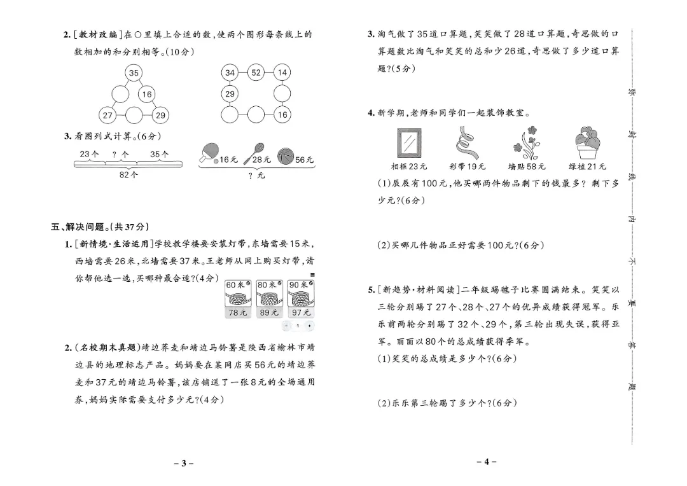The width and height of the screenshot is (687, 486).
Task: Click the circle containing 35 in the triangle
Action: (x=134, y=73)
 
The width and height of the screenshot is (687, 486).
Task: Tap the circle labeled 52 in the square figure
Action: (x=256, y=73)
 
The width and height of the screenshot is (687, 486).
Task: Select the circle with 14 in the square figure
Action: (x=282, y=73)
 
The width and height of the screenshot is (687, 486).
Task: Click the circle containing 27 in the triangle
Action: (x=108, y=115)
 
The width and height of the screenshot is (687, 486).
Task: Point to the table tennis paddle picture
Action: (x=209, y=153)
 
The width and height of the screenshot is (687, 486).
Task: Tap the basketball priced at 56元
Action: (x=285, y=156)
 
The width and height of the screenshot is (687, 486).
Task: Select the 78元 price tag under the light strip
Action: (x=237, y=312)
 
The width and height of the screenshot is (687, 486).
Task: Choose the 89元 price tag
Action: (x=268, y=312)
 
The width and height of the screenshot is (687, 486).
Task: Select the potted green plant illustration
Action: (x=586, y=143)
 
